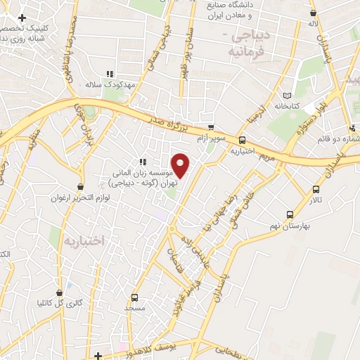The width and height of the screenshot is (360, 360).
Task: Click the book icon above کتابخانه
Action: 285,96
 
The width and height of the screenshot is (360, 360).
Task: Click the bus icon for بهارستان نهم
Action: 289,214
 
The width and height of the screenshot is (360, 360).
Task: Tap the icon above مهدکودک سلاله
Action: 110,74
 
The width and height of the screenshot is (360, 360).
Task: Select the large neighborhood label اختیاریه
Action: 84,240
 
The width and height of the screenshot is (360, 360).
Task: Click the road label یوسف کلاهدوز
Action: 159,346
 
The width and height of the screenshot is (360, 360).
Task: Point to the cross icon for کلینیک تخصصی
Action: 22,17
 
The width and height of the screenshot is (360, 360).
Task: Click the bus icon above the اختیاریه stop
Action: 242,140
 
